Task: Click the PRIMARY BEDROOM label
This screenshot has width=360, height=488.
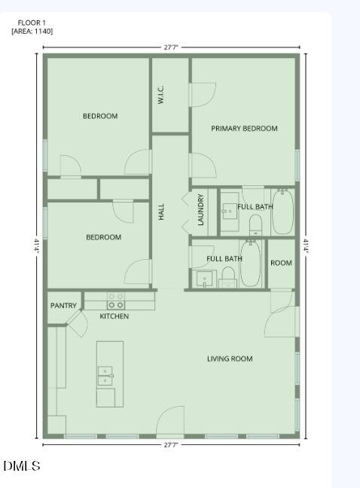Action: point(244,129)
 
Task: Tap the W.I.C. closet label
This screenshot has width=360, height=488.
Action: point(161,95)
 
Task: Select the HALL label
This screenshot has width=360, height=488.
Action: point(161,212)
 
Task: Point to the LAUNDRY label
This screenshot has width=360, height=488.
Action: point(201,210)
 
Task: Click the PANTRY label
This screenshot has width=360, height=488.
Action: point(63,306)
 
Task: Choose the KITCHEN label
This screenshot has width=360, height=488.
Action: point(114,316)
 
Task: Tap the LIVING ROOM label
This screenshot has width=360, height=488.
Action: point(230,359)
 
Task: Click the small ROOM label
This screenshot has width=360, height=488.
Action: point(281,263)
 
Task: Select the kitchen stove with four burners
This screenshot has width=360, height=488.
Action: point(115,301)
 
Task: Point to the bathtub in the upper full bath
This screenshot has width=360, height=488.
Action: point(282,212)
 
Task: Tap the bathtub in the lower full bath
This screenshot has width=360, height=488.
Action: point(251,264)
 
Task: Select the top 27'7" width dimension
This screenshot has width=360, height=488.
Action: point(171,47)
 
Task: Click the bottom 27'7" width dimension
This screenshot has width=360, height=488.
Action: point(171,445)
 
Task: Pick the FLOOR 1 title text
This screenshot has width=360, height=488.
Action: point(32,23)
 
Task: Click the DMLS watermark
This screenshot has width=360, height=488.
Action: point(21,466)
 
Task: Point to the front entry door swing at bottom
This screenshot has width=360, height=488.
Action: point(172,420)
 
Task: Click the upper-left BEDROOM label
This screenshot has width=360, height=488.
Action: point(100,116)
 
